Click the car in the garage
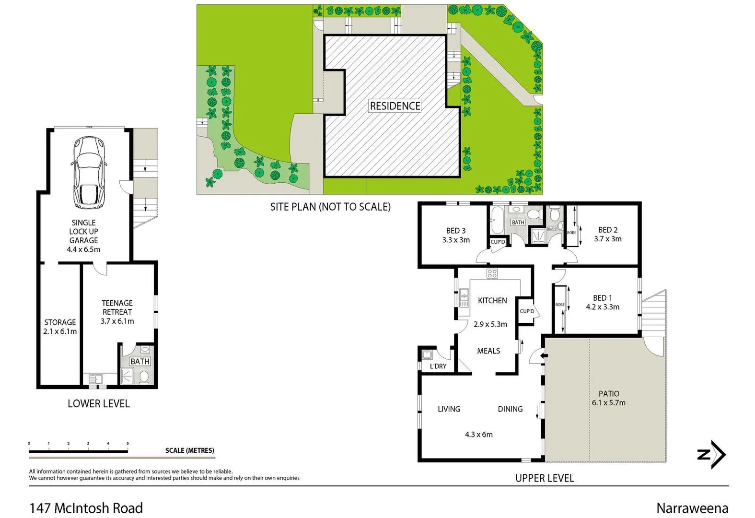click(x=89, y=173)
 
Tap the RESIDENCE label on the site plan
click(x=395, y=106)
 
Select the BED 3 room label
click(x=456, y=231)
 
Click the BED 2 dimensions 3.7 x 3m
click(x=608, y=239)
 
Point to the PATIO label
click(x=609, y=394)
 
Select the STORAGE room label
click(x=60, y=322)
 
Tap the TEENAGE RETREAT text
click(x=117, y=307)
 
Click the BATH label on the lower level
click(x=140, y=362)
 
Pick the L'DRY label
click(x=438, y=366)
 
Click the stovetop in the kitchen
click(x=492, y=274)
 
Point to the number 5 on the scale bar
click(x=128, y=444)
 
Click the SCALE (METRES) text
click(x=190, y=450)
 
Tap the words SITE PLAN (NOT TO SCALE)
click(x=330, y=207)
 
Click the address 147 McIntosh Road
click(x=86, y=508)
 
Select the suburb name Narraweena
click(x=692, y=508)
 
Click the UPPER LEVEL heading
click(x=545, y=478)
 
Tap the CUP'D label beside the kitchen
click(x=527, y=311)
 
